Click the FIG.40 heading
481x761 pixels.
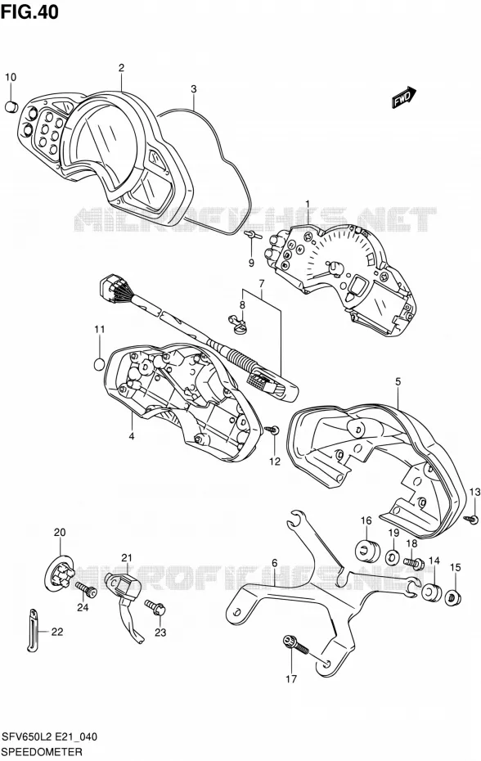point(29,12)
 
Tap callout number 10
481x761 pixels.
point(11,77)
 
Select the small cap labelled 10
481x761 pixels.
point(11,106)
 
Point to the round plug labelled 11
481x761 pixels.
point(99,363)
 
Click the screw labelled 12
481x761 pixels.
point(272,430)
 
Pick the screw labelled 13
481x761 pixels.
point(472,519)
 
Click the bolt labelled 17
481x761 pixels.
point(295,645)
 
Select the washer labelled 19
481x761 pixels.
point(393,556)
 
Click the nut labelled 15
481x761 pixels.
point(454,595)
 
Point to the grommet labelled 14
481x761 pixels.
point(430,592)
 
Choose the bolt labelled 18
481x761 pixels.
point(414,564)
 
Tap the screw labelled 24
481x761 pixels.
point(87,590)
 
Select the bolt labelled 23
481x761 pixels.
point(155,606)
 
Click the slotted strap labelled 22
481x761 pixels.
point(32,629)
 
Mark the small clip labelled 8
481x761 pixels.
point(238,324)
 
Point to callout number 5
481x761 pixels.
point(398,382)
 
